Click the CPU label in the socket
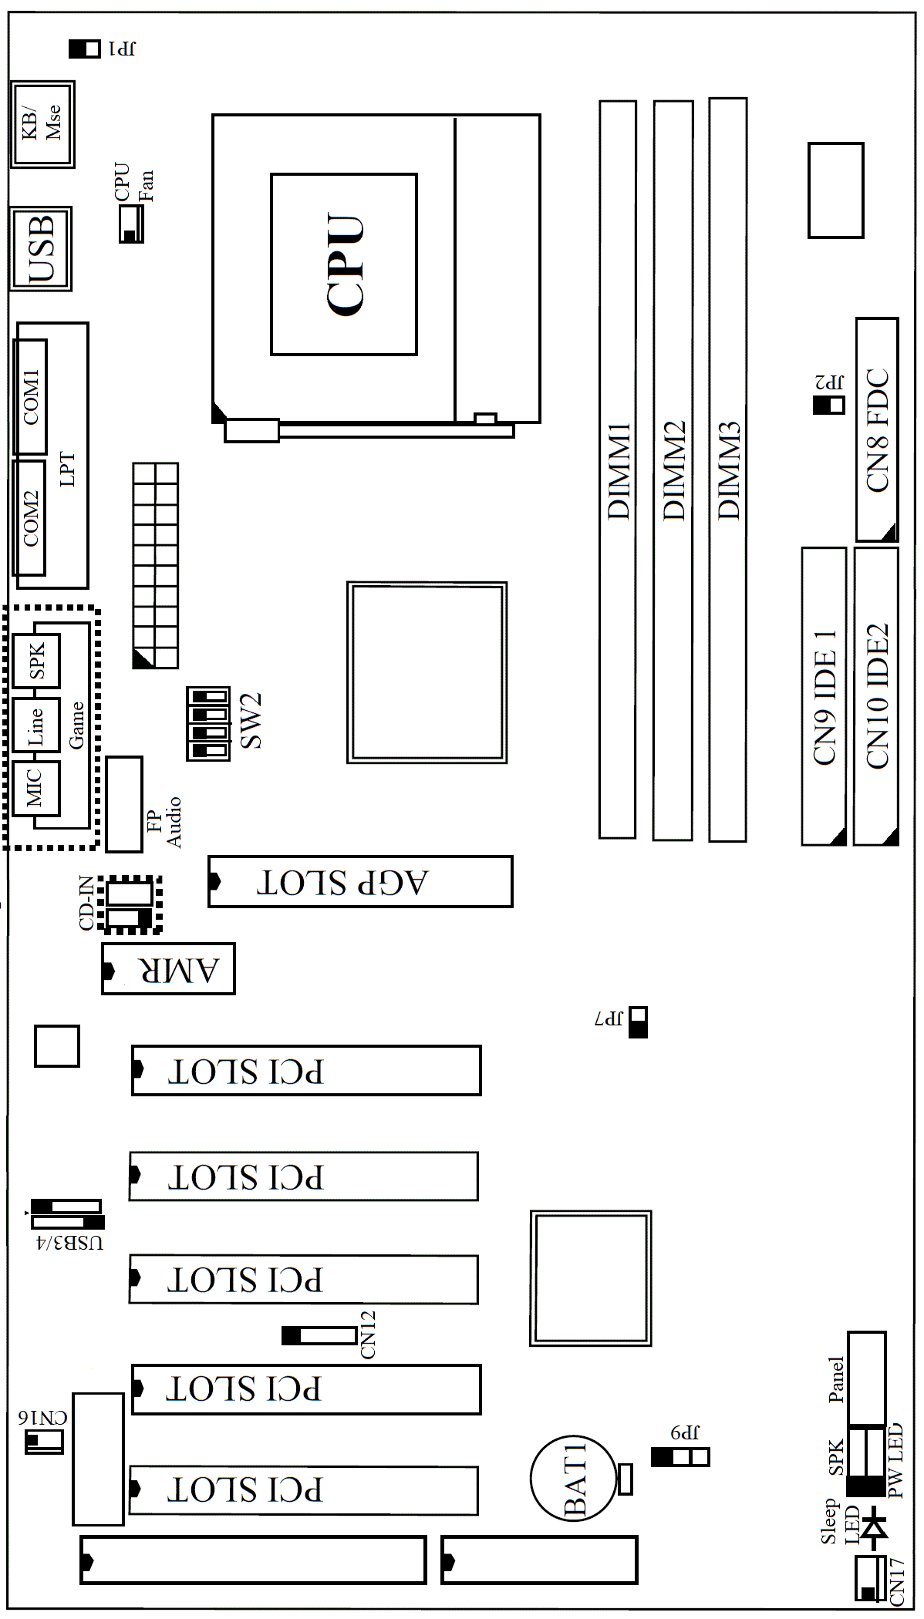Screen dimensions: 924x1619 [345, 264]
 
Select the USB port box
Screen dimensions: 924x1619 [41, 248]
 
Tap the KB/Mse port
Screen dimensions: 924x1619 [42, 124]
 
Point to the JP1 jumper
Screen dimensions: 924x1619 [85, 49]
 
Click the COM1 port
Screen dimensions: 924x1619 [30, 396]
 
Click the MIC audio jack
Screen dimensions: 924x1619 [36, 788]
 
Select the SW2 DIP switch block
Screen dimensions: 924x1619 [208, 724]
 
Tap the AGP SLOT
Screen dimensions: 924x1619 [360, 881]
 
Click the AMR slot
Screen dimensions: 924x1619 [168, 969]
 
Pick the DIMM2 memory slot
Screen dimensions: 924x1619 [673, 470]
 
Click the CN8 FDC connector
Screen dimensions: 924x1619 [877, 429]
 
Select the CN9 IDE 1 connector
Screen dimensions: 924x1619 [824, 696]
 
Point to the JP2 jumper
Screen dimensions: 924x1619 [829, 404]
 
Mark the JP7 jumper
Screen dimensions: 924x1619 [638, 1022]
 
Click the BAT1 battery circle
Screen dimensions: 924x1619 [575, 1479]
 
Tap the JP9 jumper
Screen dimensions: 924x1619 [680, 1457]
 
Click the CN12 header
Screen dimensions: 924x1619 [319, 1335]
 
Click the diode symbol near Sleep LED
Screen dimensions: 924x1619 [874, 1527]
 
